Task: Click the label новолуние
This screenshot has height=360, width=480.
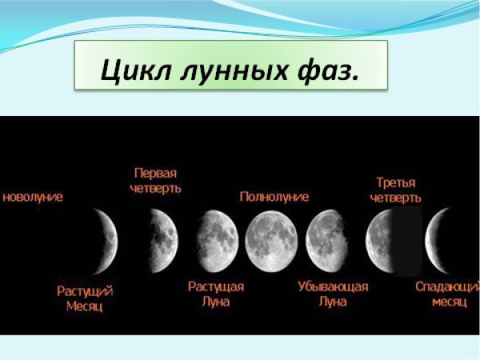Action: pos(33,196)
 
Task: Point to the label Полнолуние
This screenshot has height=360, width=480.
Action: pos(274,196)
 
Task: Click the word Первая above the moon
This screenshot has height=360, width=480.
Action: pos(155,173)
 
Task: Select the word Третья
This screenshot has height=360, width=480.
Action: pos(395,182)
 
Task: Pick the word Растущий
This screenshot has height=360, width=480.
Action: pos(85,290)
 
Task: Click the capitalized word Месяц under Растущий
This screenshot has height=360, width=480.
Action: pos(85,306)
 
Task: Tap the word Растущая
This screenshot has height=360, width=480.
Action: pos(216,286)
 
